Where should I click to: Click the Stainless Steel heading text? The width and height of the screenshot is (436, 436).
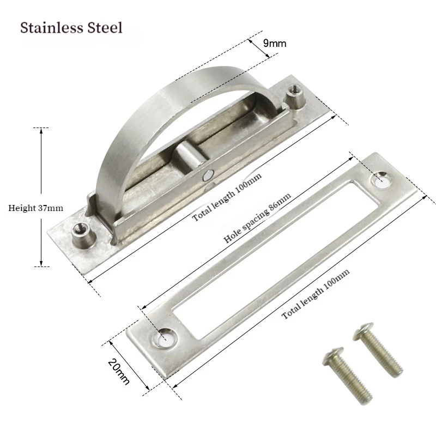(x=71, y=28)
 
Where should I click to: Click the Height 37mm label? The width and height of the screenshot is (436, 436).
(x=36, y=208)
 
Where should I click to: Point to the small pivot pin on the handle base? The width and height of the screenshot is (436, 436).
(x=207, y=175)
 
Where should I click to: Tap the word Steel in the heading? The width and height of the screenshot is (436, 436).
(x=106, y=28)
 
